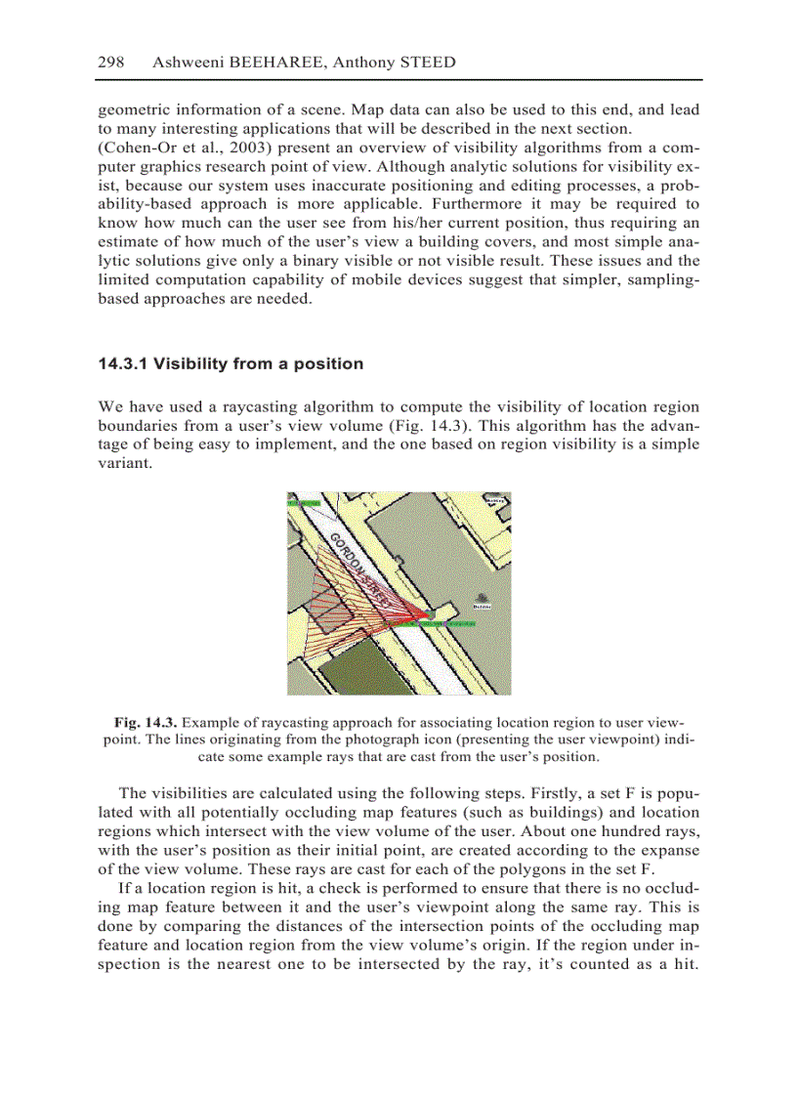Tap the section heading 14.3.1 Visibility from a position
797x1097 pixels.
click(x=231, y=364)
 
